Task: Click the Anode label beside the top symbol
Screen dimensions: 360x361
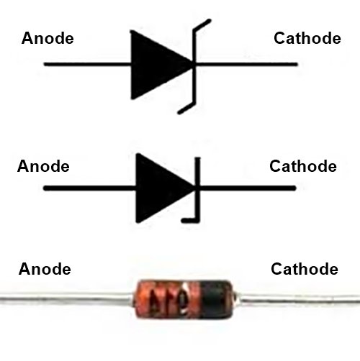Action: [x=48, y=38]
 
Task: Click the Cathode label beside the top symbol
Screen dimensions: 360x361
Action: [x=307, y=38]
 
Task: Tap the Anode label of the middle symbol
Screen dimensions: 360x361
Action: [x=43, y=166]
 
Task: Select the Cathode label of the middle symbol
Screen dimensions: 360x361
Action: [x=303, y=166]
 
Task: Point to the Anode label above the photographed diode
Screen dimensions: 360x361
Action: [x=45, y=269]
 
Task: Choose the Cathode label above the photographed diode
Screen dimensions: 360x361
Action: [x=305, y=269]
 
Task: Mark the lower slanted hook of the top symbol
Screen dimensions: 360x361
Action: [x=186, y=108]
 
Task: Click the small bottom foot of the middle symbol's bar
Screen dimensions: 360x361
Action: [x=190, y=220]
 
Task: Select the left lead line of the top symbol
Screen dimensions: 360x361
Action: [x=87, y=64]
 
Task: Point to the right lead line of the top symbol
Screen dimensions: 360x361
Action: [x=246, y=64]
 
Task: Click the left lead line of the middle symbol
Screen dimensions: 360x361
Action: [x=89, y=188]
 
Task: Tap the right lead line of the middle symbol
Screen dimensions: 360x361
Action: [x=248, y=188]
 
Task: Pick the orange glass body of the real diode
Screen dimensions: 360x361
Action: [x=168, y=298]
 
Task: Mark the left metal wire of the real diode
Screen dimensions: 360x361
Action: [x=67, y=299]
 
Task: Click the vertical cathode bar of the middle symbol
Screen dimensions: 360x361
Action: [x=197, y=189]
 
